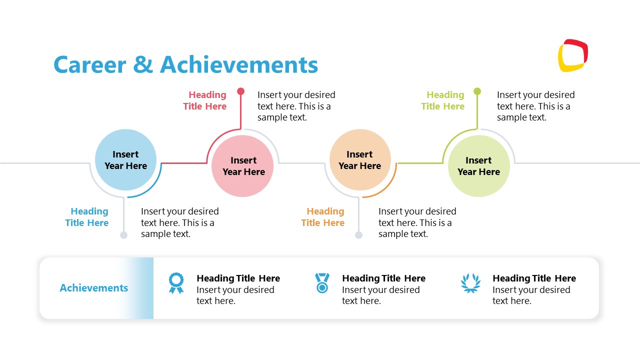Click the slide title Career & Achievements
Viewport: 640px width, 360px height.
[185, 65]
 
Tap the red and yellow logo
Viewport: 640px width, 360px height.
[572, 55]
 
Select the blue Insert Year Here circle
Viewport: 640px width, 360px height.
[125, 160]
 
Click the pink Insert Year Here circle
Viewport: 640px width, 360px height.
[242, 166]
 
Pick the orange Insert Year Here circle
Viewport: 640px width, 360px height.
[360, 160]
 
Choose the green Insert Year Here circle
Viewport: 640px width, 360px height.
[478, 166]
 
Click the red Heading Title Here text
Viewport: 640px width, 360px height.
[205, 100]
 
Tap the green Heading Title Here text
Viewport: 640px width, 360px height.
[443, 100]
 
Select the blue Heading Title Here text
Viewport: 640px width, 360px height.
[87, 217]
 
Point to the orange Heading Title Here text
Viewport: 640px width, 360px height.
[323, 217]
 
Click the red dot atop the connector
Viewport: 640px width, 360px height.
[241, 91]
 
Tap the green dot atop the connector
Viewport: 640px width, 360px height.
[477, 91]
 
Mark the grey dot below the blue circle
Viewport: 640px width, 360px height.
[124, 235]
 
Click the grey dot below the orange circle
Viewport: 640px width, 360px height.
[358, 235]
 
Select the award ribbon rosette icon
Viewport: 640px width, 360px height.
[176, 283]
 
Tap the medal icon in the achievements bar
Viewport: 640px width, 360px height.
[322, 283]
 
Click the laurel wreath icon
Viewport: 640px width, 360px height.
[470, 283]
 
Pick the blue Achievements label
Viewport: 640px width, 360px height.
[94, 288]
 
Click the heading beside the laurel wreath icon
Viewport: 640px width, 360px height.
[534, 278]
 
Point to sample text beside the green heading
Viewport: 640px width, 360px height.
[535, 106]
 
